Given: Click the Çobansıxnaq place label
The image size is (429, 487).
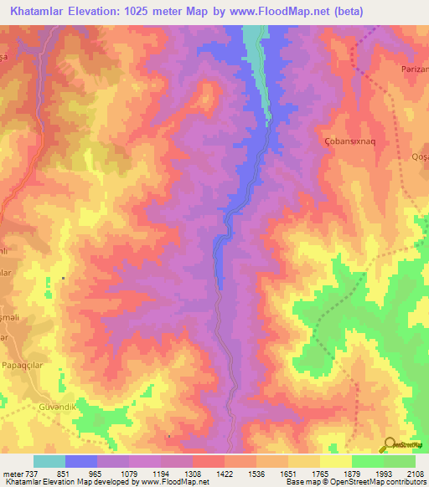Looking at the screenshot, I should tap(349, 141).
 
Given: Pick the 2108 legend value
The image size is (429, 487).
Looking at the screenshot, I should tap(415, 474).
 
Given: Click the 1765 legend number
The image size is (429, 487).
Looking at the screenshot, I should tap(319, 474).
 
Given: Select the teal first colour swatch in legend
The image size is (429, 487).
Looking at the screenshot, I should tap(49, 461).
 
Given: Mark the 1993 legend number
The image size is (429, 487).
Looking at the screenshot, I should tap(383, 474).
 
